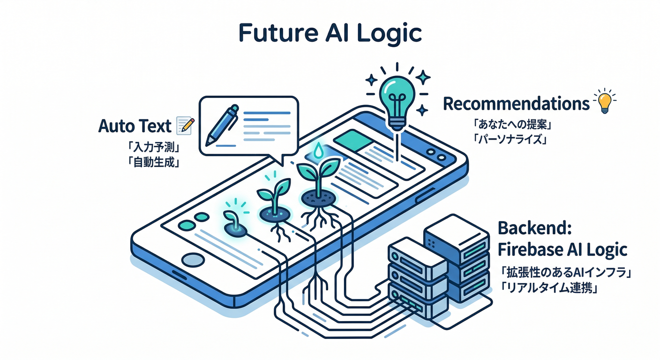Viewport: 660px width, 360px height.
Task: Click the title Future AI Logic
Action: click(x=330, y=33)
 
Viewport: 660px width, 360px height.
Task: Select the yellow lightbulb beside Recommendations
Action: click(x=605, y=101)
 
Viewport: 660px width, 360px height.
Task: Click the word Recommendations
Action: click(x=516, y=104)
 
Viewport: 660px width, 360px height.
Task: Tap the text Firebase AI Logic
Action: click(x=562, y=249)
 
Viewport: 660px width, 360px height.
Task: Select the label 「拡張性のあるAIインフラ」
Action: click(x=565, y=273)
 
